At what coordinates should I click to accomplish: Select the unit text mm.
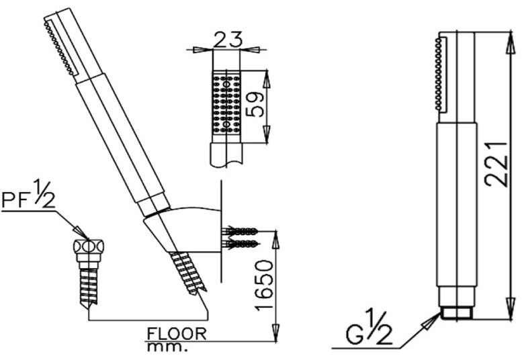[167, 347]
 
